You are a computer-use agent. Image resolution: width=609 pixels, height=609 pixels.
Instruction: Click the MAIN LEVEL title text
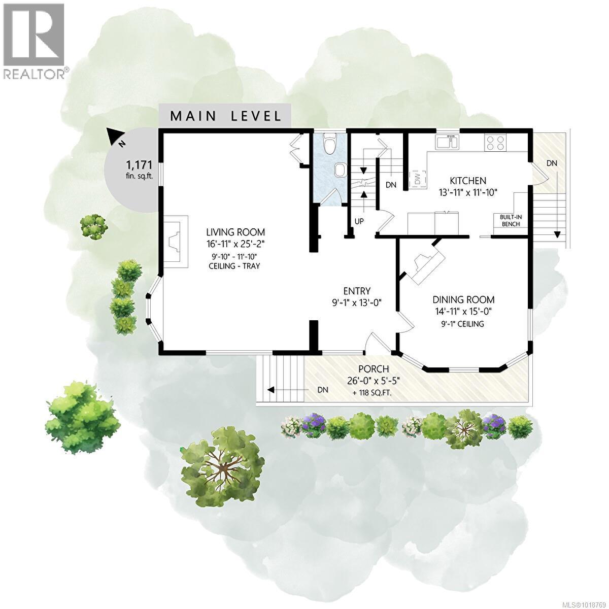tap(225, 116)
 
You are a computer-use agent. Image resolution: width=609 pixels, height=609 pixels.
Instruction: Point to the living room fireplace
tap(176, 241)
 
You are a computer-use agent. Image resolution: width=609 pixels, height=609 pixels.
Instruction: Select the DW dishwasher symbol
tap(417, 178)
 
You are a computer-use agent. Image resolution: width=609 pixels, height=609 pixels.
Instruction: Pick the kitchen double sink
tap(447, 142)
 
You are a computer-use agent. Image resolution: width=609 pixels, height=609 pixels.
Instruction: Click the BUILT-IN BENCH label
tap(511, 220)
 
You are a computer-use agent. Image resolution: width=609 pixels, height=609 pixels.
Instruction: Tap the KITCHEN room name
tap(468, 181)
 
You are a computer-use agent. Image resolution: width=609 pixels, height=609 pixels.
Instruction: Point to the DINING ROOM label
tap(463, 300)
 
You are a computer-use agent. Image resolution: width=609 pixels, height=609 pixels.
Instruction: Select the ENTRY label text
tap(357, 291)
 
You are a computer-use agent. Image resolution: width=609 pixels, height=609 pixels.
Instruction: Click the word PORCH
tap(374, 369)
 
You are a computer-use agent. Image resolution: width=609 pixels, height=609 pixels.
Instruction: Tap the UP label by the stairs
tap(359, 222)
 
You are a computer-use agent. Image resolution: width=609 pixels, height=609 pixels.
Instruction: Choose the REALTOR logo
tap(35, 41)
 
